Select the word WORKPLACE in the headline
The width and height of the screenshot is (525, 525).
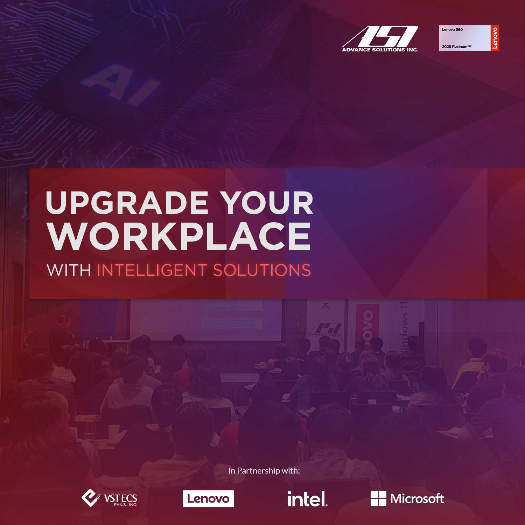[x=179, y=237]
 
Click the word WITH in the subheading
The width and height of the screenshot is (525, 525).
[x=69, y=271]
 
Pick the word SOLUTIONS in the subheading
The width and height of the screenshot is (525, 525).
[x=262, y=271]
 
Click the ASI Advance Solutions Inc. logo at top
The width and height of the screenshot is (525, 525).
[x=380, y=39]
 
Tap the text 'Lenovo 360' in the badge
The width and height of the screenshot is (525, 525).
[x=452, y=30]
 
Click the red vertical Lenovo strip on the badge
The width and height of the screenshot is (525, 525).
[x=495, y=38]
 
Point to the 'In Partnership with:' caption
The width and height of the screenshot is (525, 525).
[x=264, y=471]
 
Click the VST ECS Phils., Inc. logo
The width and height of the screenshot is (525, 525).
[x=109, y=498]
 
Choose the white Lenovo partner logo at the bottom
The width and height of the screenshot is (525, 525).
[x=208, y=499]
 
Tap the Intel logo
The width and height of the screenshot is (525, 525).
[x=307, y=499]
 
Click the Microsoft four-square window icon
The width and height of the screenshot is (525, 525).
[x=378, y=498]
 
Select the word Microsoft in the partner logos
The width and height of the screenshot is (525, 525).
[x=417, y=498]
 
